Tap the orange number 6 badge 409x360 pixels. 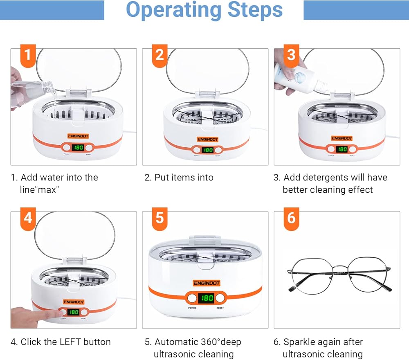(x=291, y=218)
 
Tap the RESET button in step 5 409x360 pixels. (x=221, y=298)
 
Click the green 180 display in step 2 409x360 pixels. (x=208, y=150)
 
